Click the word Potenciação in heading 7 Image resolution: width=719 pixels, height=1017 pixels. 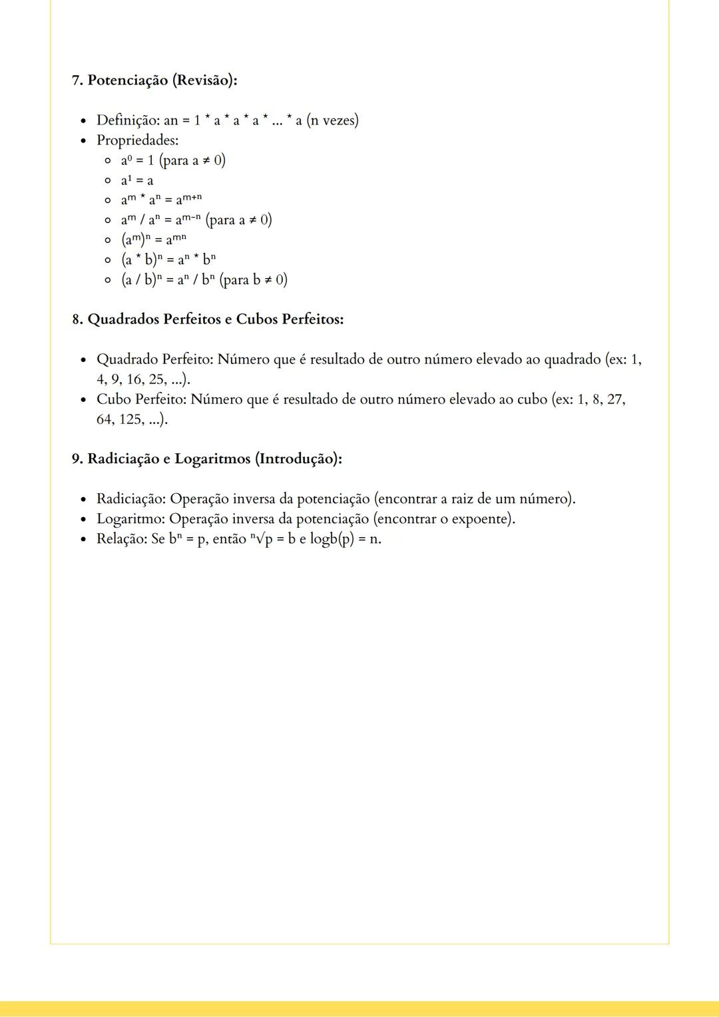click(x=128, y=81)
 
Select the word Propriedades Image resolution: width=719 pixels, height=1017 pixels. click(x=136, y=140)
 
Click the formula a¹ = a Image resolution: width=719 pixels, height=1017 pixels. click(x=137, y=180)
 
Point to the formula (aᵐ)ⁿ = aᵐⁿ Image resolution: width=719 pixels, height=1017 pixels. click(x=154, y=239)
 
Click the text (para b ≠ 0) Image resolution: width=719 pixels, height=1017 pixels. click(x=254, y=280)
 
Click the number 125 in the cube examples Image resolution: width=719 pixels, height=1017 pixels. click(x=130, y=419)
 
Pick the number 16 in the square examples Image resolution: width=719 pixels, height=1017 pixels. click(x=135, y=379)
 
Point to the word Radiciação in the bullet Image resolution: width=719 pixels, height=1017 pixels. click(x=130, y=499)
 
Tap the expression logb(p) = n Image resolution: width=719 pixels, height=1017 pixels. click(x=346, y=539)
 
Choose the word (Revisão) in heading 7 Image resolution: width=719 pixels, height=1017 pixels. click(x=204, y=81)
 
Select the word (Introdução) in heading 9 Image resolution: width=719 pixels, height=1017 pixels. click(x=298, y=459)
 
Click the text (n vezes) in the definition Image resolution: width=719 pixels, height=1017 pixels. click(x=332, y=120)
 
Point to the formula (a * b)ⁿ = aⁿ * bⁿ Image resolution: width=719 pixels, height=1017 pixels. click(x=168, y=260)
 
